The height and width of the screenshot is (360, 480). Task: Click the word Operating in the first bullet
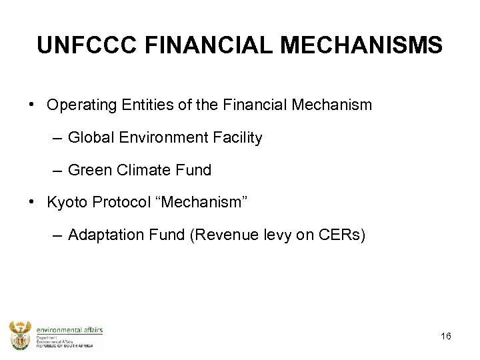tap(79, 105)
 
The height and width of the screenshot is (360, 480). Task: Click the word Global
tap(90, 138)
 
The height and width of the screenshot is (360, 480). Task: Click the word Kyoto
tap(66, 203)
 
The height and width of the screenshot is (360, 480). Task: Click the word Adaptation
tap(100, 235)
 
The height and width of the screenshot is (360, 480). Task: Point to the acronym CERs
tap(341, 235)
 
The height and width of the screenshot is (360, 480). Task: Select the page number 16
tap(446, 336)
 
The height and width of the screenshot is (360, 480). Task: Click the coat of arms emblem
tap(19, 335)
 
